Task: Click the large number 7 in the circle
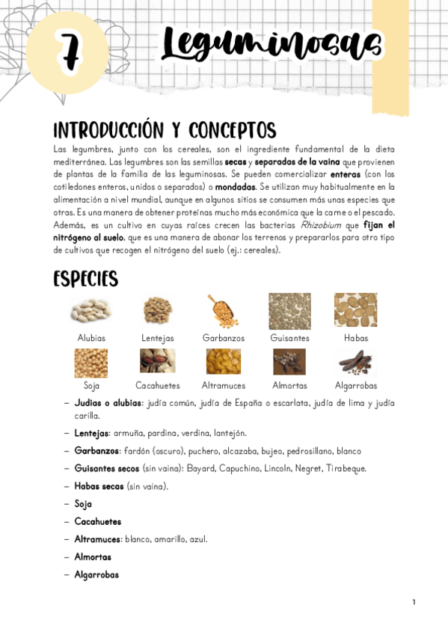coord(68,52)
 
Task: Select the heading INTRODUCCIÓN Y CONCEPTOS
coord(165,130)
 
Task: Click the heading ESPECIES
coord(86,280)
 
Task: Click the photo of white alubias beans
coord(91,311)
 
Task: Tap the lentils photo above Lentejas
coord(157,310)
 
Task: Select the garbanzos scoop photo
coord(223,310)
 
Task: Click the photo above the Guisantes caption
coord(289,310)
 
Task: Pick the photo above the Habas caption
coord(355,310)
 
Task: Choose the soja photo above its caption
coord(91,363)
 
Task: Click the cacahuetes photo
coord(157,362)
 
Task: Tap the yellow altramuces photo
coord(223,362)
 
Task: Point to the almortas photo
coord(289,362)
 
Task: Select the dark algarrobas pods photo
coord(355,362)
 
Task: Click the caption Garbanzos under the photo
coord(224,338)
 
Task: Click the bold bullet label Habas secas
coord(99,487)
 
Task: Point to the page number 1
coord(414,602)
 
